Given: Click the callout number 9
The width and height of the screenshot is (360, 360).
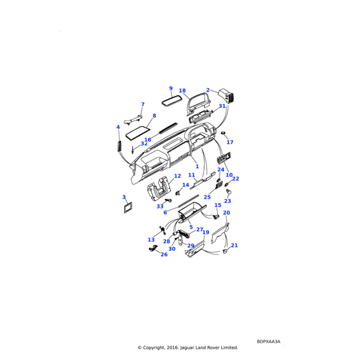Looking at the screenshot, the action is coord(170,88).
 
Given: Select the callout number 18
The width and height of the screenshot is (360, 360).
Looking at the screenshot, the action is coord(182,91).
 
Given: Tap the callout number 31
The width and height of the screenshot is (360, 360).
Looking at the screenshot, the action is coord(222,106).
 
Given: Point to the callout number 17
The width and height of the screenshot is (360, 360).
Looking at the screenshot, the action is coord(230,142).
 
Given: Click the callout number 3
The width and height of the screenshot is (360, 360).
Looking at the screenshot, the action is coord(124,197).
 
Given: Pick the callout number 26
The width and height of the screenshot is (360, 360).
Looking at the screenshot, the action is coord(164,254).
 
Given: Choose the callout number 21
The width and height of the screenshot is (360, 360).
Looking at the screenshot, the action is coord(235,245).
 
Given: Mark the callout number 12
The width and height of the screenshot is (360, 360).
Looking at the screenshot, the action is coord(178,176).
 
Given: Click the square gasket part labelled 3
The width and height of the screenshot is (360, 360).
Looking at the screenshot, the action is coord(128,208).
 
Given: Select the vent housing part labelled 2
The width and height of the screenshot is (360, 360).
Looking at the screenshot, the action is coord(226,95).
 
